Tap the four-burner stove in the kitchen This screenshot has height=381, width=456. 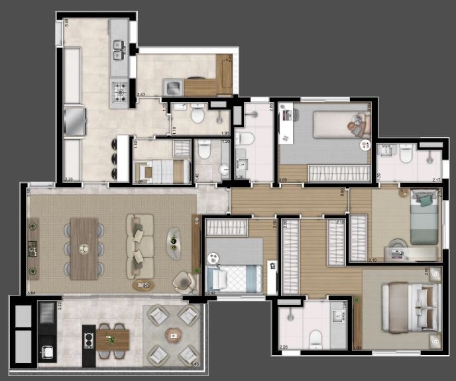tap(119, 91)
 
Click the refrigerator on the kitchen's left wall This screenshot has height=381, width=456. tap(74, 121)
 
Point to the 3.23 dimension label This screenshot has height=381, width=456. tap(141, 95)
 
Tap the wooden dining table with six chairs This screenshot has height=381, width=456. tap(84, 248)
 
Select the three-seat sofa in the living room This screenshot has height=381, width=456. tap(140, 246)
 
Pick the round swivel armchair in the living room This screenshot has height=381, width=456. tap(182, 282)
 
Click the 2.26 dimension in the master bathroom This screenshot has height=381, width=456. tap(284, 347)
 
